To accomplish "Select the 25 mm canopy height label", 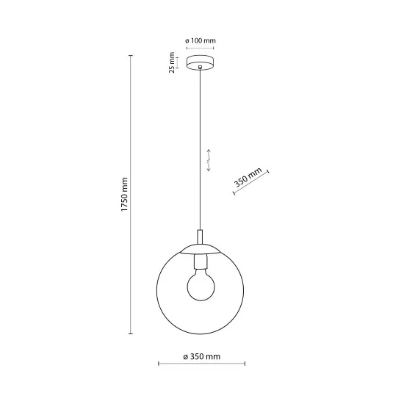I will (171, 62).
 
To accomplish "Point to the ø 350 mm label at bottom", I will (201, 358).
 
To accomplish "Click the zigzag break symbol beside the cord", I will (209, 159).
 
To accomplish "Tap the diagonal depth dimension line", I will (252, 184).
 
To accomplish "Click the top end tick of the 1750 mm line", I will (131, 57).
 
